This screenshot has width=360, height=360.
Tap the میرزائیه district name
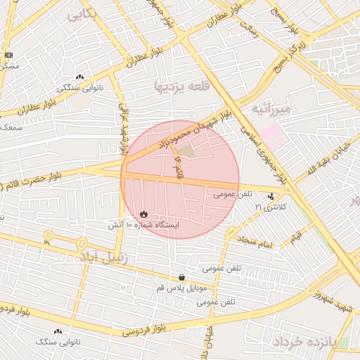[x=271, y=109]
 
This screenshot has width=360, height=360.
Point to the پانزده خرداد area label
[x=307, y=342]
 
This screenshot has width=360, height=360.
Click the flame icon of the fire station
[x=144, y=213]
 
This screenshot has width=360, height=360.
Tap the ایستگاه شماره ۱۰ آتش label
[x=143, y=225]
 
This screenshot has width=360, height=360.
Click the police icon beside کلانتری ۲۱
[x=271, y=196]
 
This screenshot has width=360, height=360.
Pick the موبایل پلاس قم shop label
[x=182, y=288]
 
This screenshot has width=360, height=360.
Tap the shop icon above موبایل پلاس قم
[x=182, y=278]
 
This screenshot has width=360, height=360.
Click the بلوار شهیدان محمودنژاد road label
[x=191, y=132]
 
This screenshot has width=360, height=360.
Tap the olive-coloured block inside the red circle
[x=185, y=150]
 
